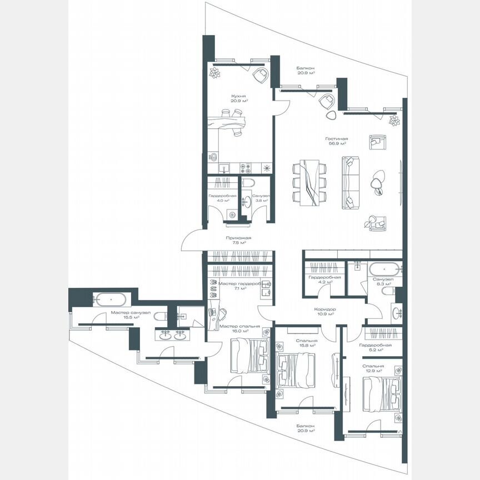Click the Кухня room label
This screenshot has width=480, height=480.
coord(239,98)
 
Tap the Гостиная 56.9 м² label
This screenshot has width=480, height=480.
coord(337,141)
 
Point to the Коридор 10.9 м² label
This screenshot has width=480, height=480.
coord(324,311)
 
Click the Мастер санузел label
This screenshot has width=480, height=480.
coord(131,315)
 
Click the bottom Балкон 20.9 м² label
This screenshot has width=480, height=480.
coord(306,428)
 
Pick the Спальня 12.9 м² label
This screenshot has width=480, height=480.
coord(373,369)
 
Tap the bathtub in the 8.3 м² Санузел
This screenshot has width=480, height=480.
coord(381,267)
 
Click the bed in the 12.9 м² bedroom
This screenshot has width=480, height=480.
coord(381,393)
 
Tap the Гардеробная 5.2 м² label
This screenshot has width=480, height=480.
coord(375,348)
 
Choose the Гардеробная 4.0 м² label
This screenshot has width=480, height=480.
coord(223,199)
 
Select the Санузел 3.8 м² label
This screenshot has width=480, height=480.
coord(260,199)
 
